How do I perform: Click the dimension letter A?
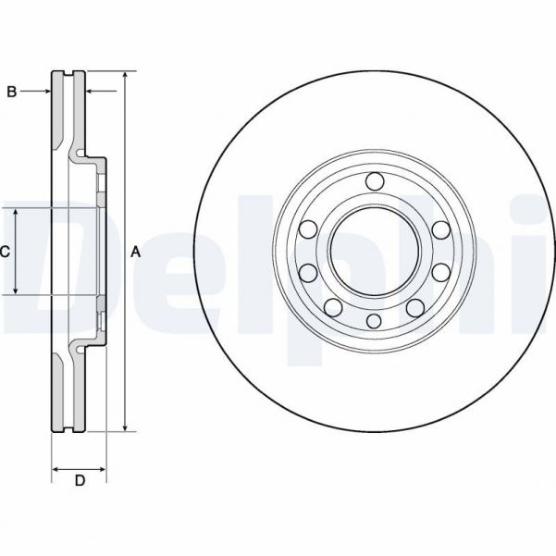coord(136,251)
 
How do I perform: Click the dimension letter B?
coord(12,91)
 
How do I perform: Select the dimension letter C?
coord(5,251)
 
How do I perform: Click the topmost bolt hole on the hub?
coord(374,181)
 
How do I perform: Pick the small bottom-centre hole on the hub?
coord(374,320)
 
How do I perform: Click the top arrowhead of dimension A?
coord(125,75)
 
